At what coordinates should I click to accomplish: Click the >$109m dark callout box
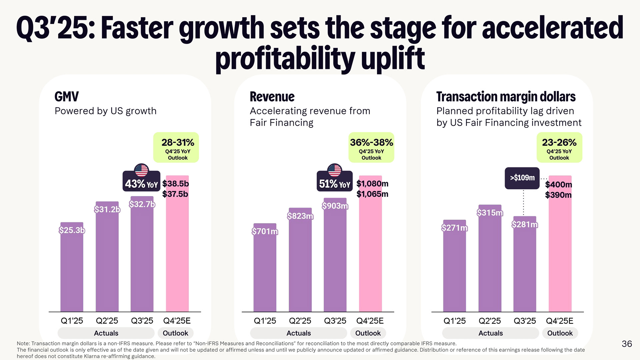[x=522, y=178]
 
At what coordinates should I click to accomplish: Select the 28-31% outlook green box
[x=176, y=147]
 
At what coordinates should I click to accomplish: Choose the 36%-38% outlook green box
[x=371, y=147]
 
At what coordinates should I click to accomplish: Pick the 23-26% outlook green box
[x=559, y=147]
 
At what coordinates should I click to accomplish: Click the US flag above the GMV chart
[x=141, y=170]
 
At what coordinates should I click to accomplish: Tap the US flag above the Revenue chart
[x=334, y=170]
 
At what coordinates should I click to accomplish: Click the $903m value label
[x=335, y=206]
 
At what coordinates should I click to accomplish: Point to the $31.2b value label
[x=107, y=209]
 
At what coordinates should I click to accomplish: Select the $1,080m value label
[x=372, y=184]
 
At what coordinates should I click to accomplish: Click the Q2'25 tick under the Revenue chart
[x=300, y=321]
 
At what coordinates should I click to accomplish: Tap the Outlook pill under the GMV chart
[x=175, y=333]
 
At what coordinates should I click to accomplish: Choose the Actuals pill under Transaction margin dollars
[x=490, y=333]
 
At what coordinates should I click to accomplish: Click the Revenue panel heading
[x=272, y=97]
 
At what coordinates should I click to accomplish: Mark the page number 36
[x=627, y=344]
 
